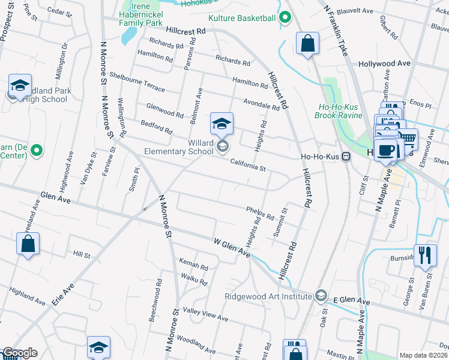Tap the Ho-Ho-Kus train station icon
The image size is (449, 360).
[346, 157]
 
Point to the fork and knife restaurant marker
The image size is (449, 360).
[425, 254]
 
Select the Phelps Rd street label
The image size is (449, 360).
[259, 212]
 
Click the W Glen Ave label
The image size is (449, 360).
[232, 247]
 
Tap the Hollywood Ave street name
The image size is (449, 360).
[384, 64]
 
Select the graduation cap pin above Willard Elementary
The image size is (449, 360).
[221, 124]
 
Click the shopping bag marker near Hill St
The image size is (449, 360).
[28, 244]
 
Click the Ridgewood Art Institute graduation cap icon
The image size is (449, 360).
[321, 296]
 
